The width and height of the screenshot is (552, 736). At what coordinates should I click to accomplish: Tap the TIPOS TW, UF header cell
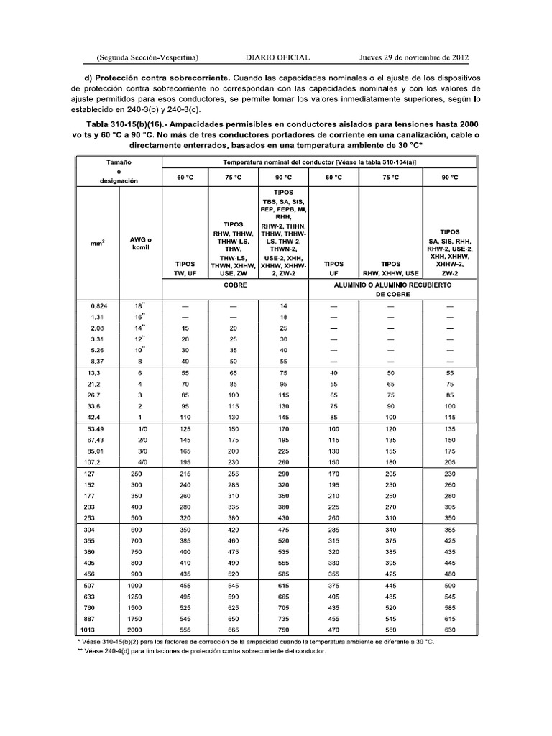pyautogui.click(x=185, y=268)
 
